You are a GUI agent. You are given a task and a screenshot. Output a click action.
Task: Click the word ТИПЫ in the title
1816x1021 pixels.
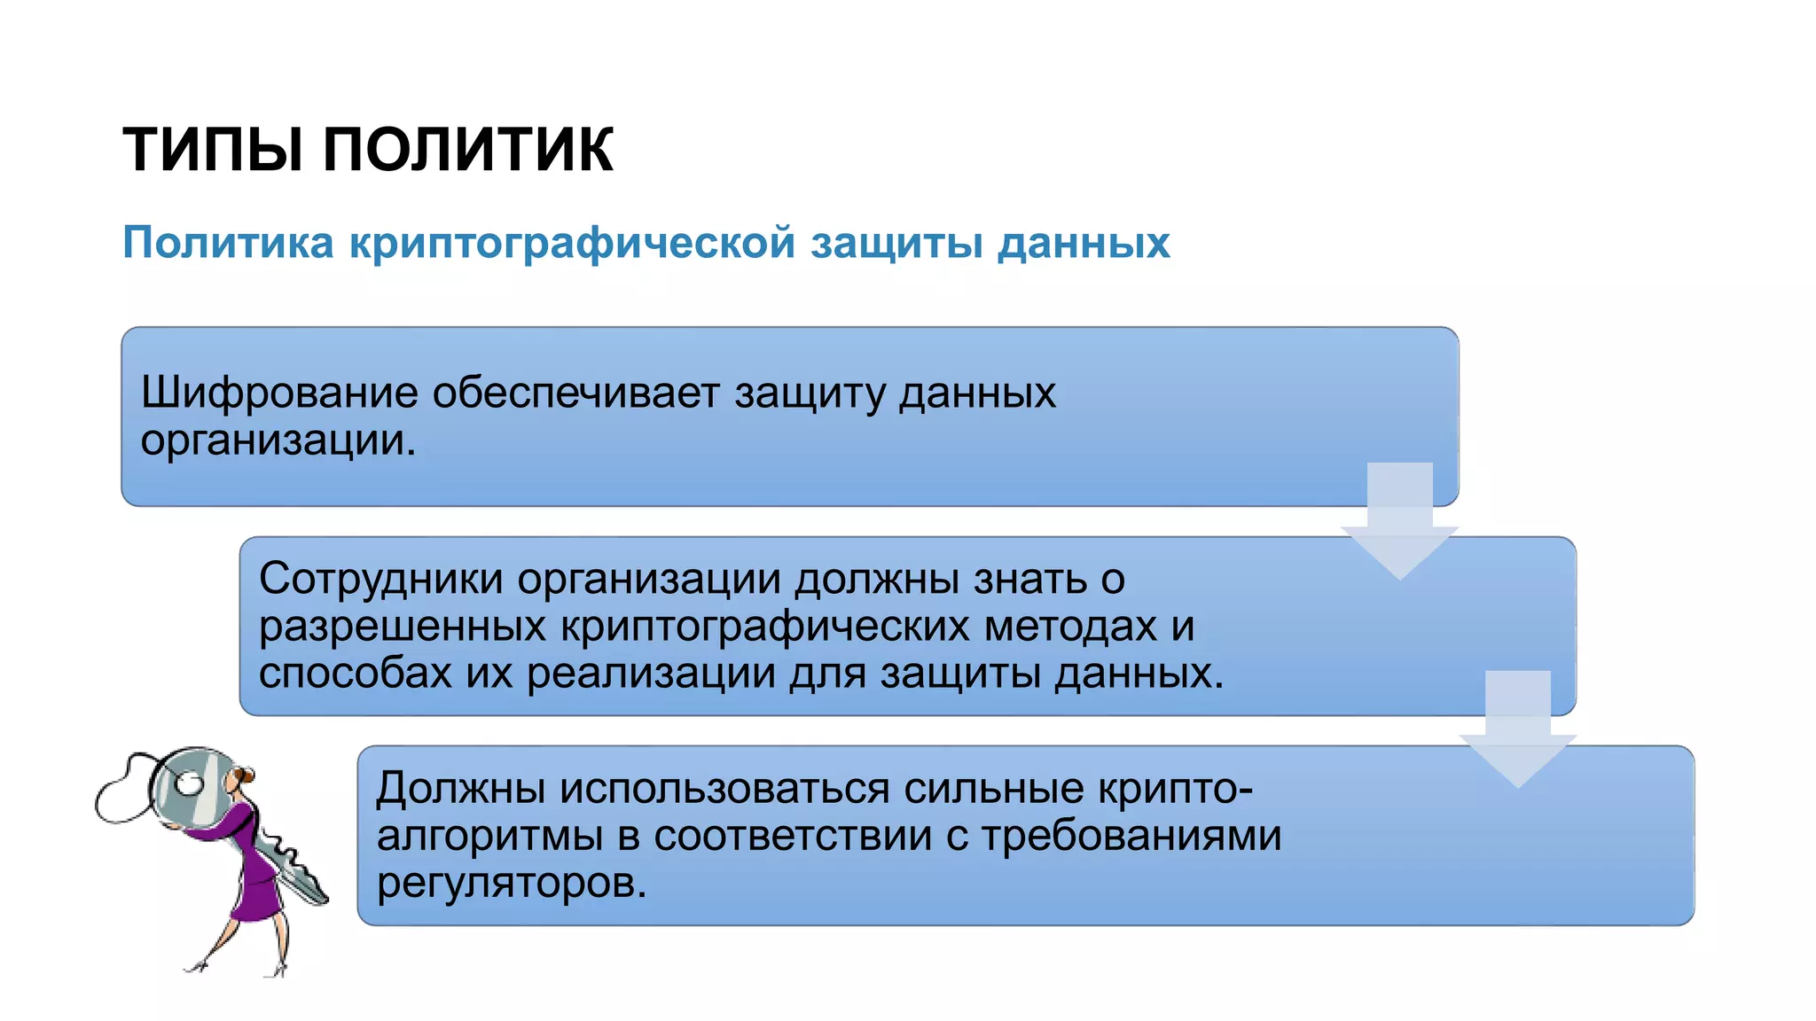[218, 149]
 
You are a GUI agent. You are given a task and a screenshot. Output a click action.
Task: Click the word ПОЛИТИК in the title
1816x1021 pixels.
[467, 149]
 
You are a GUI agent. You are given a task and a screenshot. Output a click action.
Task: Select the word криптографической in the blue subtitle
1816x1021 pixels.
[572, 242]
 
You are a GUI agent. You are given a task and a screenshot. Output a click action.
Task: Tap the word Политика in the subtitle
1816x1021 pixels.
[228, 242]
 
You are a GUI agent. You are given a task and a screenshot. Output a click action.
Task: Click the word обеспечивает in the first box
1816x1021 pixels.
[575, 393]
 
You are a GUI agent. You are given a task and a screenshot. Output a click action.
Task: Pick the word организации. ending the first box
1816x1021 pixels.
[278, 440]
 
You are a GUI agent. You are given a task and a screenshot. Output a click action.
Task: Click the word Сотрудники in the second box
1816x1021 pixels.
[380, 579]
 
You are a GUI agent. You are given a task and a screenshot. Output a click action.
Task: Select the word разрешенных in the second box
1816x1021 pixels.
[402, 627]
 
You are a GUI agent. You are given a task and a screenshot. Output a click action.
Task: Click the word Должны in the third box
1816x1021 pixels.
[460, 788]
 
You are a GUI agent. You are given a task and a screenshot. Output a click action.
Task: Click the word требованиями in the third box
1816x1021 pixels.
[1131, 836]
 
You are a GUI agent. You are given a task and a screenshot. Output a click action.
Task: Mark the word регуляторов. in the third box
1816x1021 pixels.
[512, 884]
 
